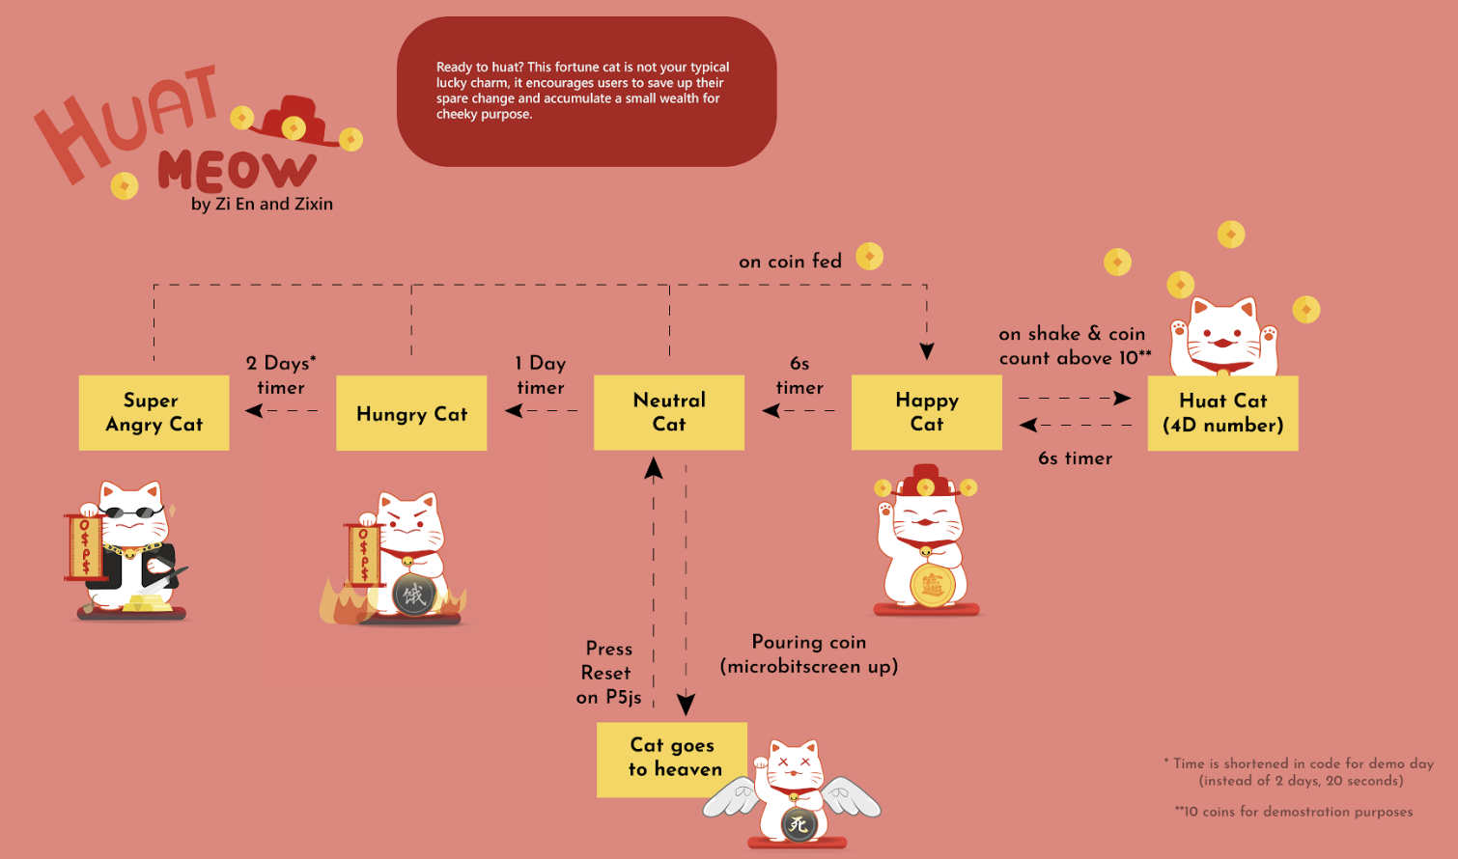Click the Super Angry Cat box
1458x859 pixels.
pos(154,413)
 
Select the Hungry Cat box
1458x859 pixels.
pos(411,414)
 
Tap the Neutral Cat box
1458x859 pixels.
pos(669,412)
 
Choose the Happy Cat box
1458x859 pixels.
pos(926,412)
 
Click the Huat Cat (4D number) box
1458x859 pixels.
pos(1222,413)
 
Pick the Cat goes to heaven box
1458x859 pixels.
pos(672,759)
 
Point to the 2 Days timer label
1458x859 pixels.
pos(281,375)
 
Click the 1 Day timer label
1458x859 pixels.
pos(541,375)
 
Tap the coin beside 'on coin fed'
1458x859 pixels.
pos(869,257)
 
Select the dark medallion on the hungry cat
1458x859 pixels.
pos(414,595)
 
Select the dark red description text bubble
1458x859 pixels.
pos(586,92)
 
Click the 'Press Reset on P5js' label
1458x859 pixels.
pos(608,673)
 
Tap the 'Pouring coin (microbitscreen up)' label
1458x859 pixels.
pos(809,654)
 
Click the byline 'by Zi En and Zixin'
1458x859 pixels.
pos(262,205)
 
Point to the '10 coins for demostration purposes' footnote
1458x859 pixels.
pos(1294,812)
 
